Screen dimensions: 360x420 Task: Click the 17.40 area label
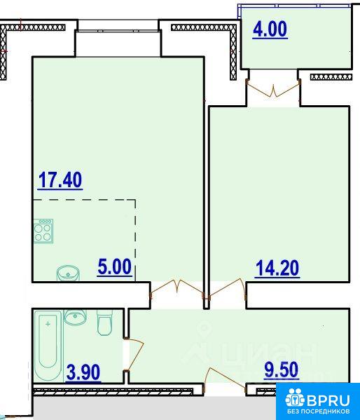click(60, 179)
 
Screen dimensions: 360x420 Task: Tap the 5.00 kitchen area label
click(115, 266)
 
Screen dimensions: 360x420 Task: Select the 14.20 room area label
click(277, 268)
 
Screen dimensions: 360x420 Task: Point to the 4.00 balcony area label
click(270, 29)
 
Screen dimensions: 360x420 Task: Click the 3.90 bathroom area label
click(83, 372)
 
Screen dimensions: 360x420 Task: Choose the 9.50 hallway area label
click(281, 370)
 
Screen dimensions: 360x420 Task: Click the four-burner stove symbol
click(43, 231)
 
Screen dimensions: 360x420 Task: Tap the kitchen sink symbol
click(68, 273)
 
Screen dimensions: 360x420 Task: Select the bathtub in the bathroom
click(48, 346)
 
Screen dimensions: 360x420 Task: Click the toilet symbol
click(104, 323)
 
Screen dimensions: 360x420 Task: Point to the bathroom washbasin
click(75, 318)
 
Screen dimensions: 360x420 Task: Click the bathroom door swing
click(134, 355)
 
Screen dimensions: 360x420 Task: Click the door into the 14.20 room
click(228, 289)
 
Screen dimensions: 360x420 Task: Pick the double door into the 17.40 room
click(177, 289)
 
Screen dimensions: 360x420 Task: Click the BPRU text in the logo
click(329, 400)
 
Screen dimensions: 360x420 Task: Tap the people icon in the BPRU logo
click(295, 398)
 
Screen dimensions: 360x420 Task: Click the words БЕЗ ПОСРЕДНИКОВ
click(318, 411)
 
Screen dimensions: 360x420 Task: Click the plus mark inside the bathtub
click(48, 324)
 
